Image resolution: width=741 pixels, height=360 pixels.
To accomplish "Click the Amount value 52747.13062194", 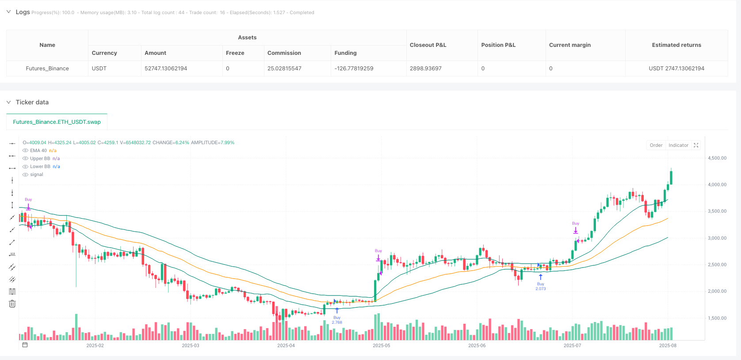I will point(166,69).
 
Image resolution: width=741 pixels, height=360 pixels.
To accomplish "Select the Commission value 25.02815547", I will point(284,69).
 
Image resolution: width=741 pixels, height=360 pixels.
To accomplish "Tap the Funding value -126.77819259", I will point(354,69).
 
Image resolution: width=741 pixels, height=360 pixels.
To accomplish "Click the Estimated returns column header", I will point(676,45).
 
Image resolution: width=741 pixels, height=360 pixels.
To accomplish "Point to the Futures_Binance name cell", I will point(47,69).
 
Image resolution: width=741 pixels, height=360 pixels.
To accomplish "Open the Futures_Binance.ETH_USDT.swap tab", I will point(57,122).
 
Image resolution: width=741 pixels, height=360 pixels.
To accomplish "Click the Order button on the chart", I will point(656,145).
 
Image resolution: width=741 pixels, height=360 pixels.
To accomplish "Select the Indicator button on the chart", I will point(678,145).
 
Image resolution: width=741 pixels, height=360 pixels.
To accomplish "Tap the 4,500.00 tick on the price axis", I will point(717,158).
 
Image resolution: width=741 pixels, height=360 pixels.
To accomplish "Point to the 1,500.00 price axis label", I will point(717,318).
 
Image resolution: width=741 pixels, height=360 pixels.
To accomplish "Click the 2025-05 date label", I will point(381,345).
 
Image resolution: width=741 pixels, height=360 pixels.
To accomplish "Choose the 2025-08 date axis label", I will point(667,345).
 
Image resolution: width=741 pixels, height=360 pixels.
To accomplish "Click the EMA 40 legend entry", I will point(38,150).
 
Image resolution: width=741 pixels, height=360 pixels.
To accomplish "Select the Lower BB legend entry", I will point(40,166).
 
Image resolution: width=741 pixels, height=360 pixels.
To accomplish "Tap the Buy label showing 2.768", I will point(337,320).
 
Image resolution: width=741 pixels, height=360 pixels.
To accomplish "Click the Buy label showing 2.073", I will point(540,286).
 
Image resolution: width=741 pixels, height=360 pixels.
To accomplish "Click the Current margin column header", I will point(569,45).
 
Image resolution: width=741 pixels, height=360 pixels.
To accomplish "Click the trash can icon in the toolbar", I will point(12,304).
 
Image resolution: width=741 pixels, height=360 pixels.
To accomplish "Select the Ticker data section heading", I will point(32,102).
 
